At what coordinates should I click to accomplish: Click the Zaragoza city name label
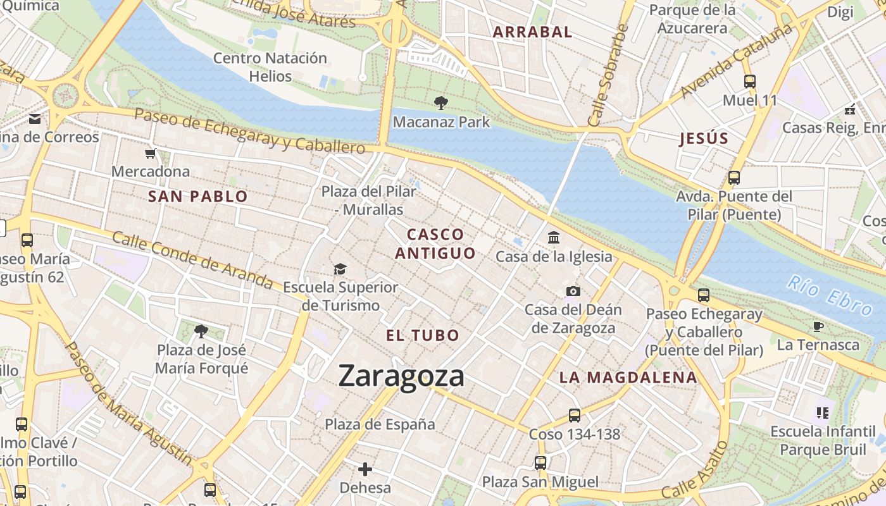[x=401, y=376]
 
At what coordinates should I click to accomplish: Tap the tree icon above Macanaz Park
[x=441, y=102]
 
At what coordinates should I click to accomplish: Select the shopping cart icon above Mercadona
[x=151, y=153]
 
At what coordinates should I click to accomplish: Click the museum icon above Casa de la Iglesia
[x=554, y=238]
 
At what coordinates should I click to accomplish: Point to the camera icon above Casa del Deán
[x=573, y=291]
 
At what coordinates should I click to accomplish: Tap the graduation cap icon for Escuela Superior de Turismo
[x=340, y=269]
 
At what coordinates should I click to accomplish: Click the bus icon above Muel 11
[x=750, y=82]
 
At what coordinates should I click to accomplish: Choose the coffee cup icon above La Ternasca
[x=818, y=326]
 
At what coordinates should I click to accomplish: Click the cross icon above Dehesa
[x=365, y=469]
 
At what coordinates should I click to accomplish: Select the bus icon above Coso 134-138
[x=574, y=416]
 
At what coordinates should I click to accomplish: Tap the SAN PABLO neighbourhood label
[x=197, y=196]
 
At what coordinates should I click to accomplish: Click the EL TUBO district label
[x=423, y=335]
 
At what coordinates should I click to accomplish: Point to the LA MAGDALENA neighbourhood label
[x=628, y=378]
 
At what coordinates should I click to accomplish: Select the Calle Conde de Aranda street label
[x=192, y=259]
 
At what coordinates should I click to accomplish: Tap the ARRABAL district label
[x=532, y=32]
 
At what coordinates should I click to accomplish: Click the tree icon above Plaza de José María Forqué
[x=201, y=331]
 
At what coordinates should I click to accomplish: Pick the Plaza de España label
[x=380, y=424]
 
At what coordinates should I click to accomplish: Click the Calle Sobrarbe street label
[x=607, y=76]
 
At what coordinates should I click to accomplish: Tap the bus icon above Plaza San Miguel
[x=540, y=462]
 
